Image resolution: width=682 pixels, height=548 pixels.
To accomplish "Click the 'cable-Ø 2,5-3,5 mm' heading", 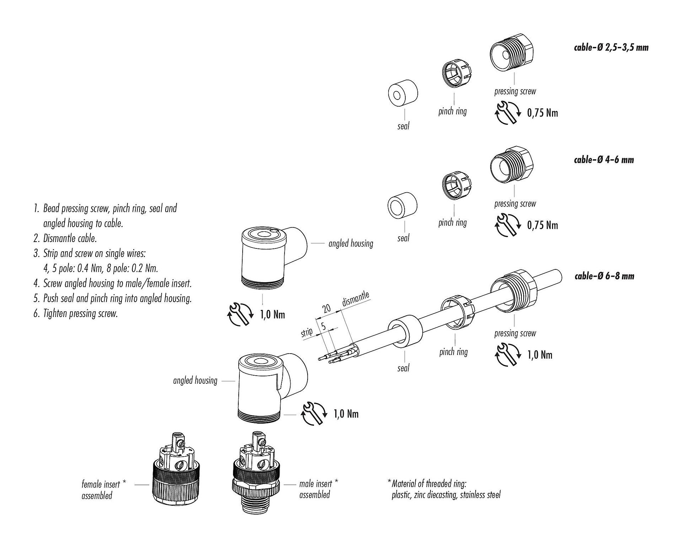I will click(611, 47).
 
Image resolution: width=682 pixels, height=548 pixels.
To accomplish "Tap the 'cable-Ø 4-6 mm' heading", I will click(604, 160).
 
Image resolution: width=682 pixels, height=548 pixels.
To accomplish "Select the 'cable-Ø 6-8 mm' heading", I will click(604, 276).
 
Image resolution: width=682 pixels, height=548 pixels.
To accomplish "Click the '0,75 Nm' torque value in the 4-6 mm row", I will click(542, 225).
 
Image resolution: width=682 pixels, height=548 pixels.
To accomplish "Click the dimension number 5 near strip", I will click(323, 326).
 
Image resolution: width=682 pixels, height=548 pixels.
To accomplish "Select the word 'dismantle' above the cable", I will click(356, 299).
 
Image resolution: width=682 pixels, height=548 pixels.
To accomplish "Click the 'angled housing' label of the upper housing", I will click(351, 243).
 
